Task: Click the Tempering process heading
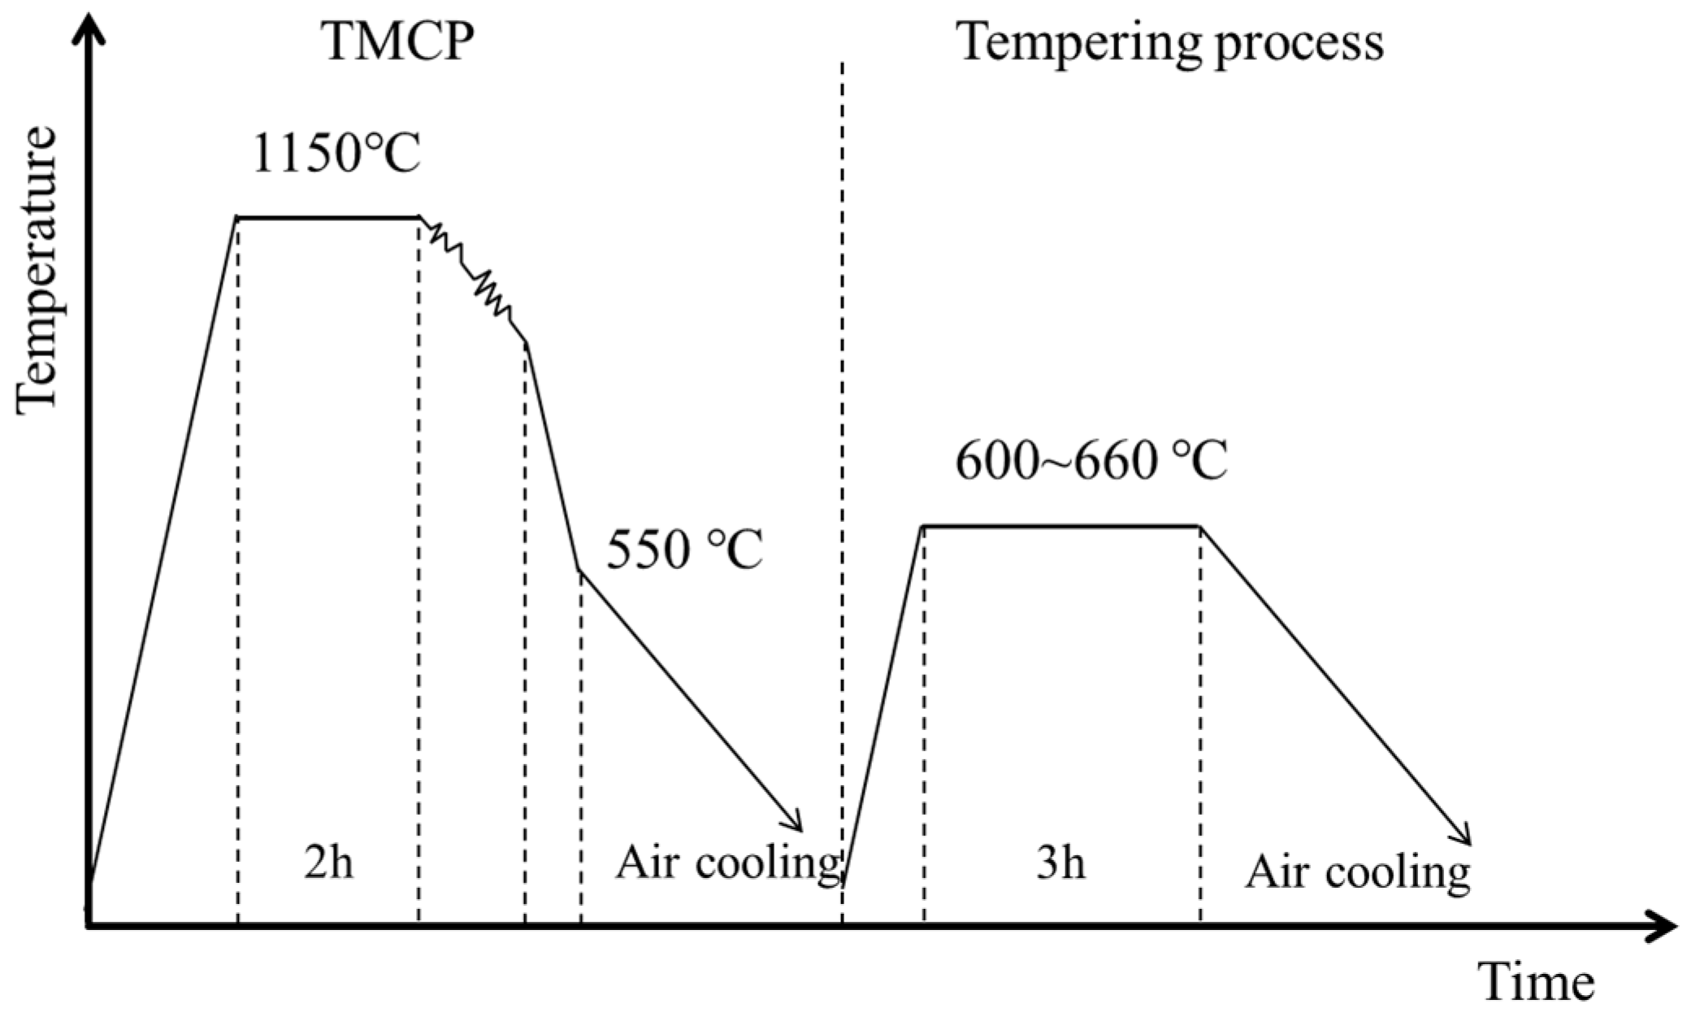tap(1170, 42)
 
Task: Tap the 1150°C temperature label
tap(336, 152)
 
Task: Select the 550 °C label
tap(684, 550)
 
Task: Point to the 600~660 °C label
tap(1091, 461)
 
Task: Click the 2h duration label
tap(328, 863)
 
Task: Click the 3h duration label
tap(1060, 863)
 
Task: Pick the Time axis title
tap(1535, 982)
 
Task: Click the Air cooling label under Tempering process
tap(1358, 872)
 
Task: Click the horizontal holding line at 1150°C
tap(328, 217)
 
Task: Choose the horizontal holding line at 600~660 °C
tap(1061, 526)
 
